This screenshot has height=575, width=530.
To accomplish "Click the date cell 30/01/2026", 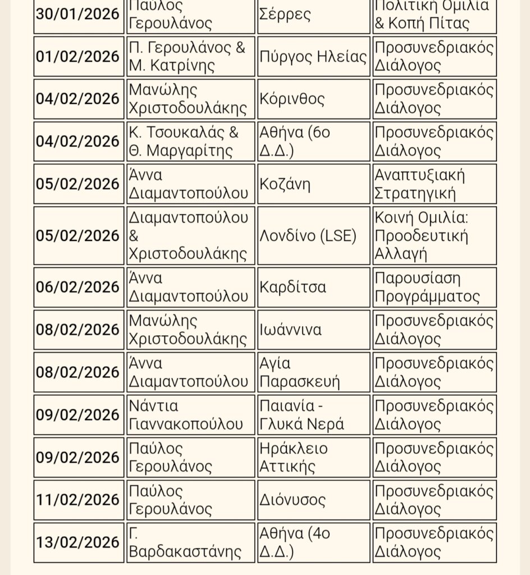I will click(x=79, y=15).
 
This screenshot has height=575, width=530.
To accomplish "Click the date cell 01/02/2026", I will click(x=79, y=56).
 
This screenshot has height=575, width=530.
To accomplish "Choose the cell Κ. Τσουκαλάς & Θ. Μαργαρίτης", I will click(x=190, y=142).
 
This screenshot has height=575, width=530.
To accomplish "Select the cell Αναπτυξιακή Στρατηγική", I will click(x=434, y=184).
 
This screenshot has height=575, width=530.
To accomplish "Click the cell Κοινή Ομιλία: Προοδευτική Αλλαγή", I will click(x=434, y=236).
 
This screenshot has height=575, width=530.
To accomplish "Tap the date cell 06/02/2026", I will click(x=79, y=287).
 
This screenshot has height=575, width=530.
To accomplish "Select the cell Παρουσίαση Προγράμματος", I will click(x=434, y=287).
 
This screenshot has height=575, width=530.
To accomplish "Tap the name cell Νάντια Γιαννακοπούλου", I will click(x=190, y=415).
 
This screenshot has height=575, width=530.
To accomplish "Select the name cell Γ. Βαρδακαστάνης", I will click(x=190, y=542).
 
